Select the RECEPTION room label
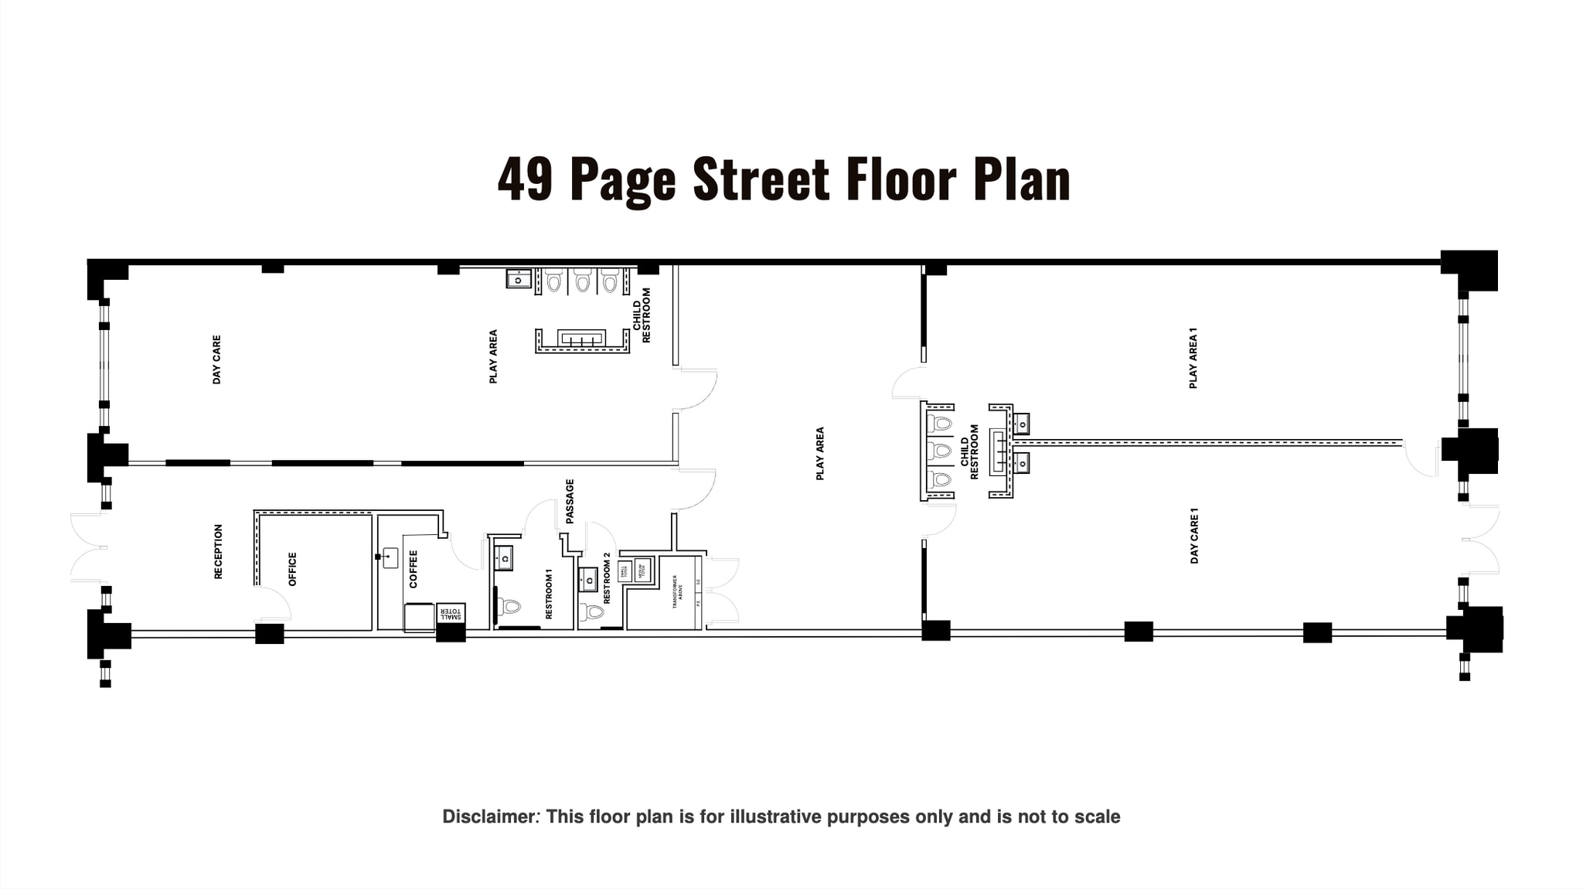(218, 551)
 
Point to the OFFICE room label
(292, 568)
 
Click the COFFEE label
(413, 568)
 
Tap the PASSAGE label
(570, 501)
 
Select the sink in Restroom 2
(587, 578)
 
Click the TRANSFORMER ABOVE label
(676, 591)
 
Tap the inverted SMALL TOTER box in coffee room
(451, 613)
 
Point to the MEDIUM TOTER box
(642, 570)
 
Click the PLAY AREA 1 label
(1193, 357)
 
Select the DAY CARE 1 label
(1194, 535)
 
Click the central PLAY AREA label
(820, 453)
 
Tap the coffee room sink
(390, 557)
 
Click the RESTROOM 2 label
(607, 577)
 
